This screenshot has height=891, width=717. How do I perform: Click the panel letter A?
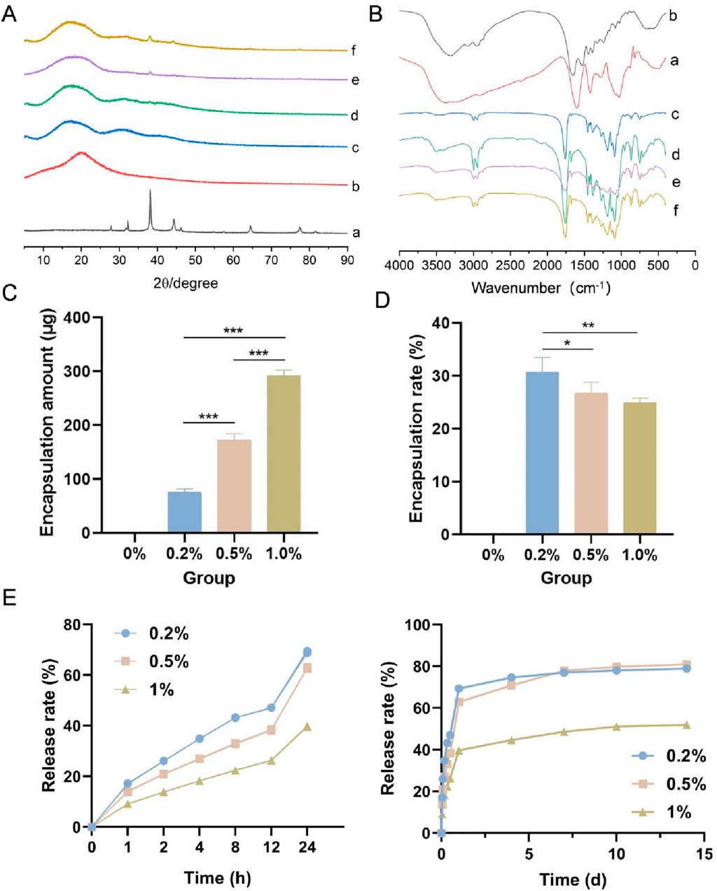pyautogui.click(x=9, y=13)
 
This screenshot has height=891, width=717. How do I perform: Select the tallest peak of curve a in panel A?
pyautogui.click(x=150, y=190)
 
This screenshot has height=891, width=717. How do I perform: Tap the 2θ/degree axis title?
pyautogui.click(x=186, y=283)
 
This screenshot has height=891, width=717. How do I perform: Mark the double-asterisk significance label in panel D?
pyautogui.click(x=590, y=325)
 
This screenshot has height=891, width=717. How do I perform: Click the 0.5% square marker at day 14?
pyautogui.click(x=687, y=664)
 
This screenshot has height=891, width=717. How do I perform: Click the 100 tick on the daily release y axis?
pyautogui.click(x=418, y=625)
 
